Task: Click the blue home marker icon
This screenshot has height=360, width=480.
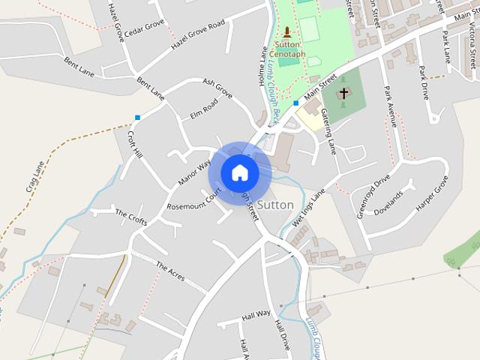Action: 239,172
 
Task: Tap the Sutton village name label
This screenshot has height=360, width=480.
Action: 274,204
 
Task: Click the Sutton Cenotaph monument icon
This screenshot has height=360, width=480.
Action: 286,32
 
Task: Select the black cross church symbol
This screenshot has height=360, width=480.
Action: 343,94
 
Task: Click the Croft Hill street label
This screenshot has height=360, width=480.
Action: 135,144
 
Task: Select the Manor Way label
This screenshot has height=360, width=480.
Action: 194,173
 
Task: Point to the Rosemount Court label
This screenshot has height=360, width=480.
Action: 195,199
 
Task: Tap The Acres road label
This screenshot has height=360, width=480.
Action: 171,271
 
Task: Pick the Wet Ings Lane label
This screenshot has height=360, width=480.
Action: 309,202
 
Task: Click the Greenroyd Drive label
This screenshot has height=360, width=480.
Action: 373,195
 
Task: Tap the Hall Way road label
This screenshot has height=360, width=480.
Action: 255,316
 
